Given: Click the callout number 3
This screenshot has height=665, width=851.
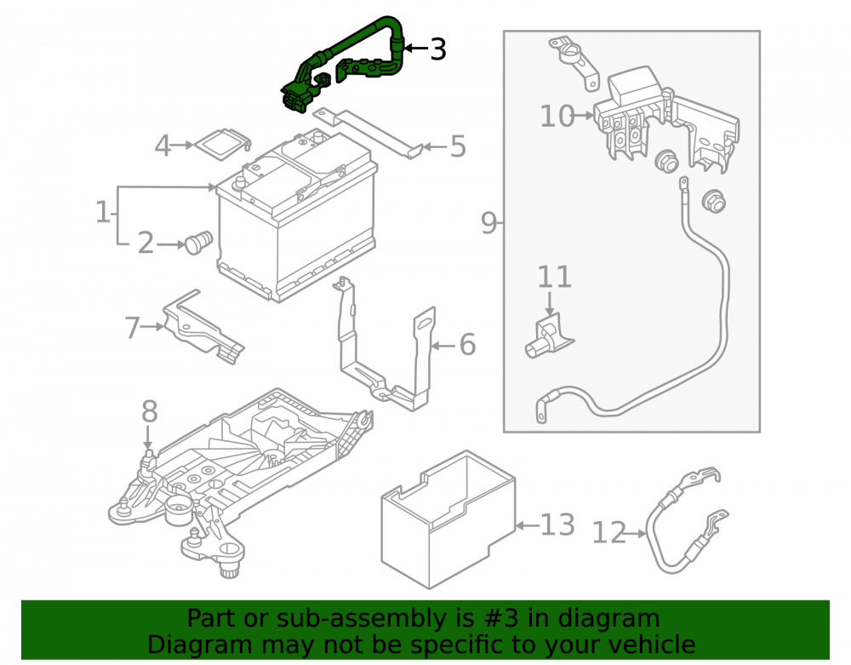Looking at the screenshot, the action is (x=438, y=49).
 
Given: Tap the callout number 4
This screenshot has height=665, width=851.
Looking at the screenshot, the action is (x=163, y=146).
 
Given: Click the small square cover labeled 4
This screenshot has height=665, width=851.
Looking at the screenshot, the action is (x=222, y=144).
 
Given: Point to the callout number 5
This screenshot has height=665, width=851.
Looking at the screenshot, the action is (x=458, y=146).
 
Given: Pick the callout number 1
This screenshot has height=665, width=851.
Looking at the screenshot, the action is (x=103, y=212).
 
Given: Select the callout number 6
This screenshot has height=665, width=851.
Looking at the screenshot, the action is (x=467, y=345).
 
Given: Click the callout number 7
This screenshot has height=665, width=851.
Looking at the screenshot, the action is (x=132, y=327).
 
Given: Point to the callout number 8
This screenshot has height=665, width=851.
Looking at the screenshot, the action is (x=149, y=411).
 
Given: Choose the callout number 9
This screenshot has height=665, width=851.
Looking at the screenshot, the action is (x=488, y=222).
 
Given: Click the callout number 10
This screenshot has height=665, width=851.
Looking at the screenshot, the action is (x=557, y=116).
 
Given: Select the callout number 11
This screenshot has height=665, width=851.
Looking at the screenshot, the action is (x=554, y=277).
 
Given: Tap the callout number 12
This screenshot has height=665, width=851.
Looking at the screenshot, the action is (x=608, y=532).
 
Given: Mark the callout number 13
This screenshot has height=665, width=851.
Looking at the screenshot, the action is (x=557, y=525).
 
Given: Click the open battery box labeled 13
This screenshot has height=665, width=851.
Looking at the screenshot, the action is (x=448, y=519).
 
